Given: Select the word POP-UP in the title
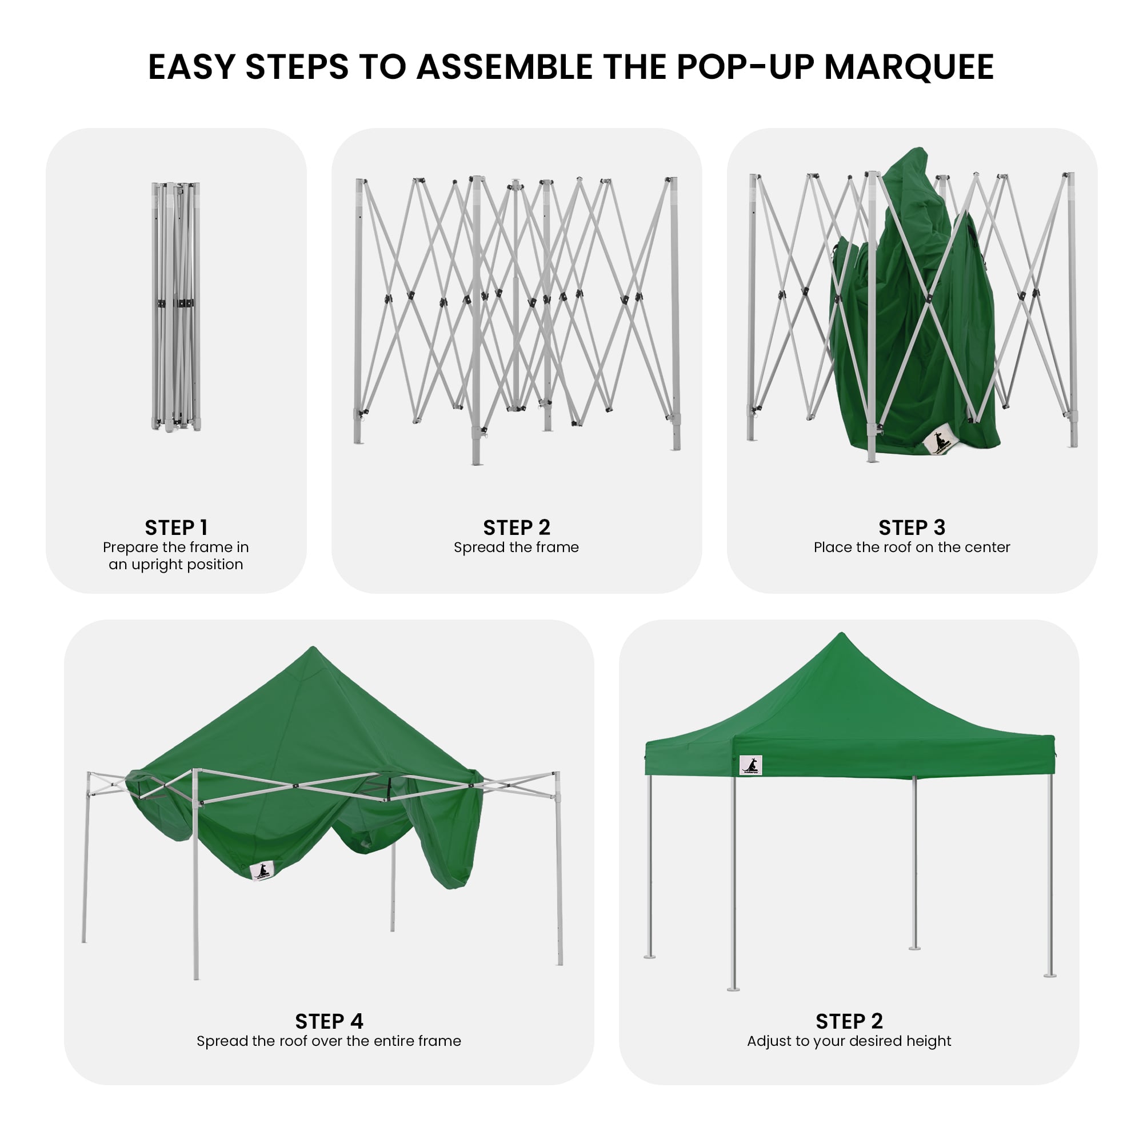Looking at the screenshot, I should [x=745, y=67].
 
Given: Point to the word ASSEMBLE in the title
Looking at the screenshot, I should [x=504, y=67].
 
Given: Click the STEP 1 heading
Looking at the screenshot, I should [x=175, y=527].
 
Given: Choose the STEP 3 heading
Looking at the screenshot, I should [x=912, y=527].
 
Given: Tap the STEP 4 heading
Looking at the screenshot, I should [x=329, y=1021].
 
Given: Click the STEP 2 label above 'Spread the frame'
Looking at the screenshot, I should [x=517, y=527].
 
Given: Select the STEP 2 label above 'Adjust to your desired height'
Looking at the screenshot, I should [x=849, y=1021].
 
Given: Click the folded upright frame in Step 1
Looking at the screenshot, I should [x=175, y=306].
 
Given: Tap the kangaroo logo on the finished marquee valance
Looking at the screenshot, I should [x=752, y=766].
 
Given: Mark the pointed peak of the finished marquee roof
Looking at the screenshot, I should [x=842, y=634].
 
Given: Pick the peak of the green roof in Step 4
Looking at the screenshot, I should [x=313, y=649].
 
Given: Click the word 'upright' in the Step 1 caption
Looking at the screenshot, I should [x=156, y=565].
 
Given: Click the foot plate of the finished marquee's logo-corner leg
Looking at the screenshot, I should [x=733, y=989].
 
